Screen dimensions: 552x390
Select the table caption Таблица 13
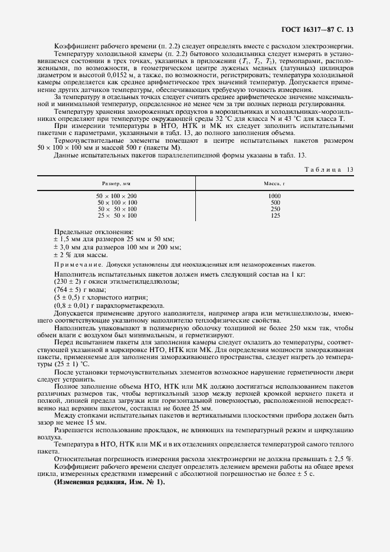[329, 169]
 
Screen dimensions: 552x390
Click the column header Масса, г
[274, 184]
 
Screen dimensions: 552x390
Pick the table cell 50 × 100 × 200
[116, 196]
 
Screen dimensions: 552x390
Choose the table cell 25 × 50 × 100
[116, 215]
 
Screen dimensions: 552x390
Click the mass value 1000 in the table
[274, 196]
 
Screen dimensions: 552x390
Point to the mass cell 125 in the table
[274, 215]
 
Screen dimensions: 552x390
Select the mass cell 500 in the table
[274, 202]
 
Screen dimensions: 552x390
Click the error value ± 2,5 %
[339, 458]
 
